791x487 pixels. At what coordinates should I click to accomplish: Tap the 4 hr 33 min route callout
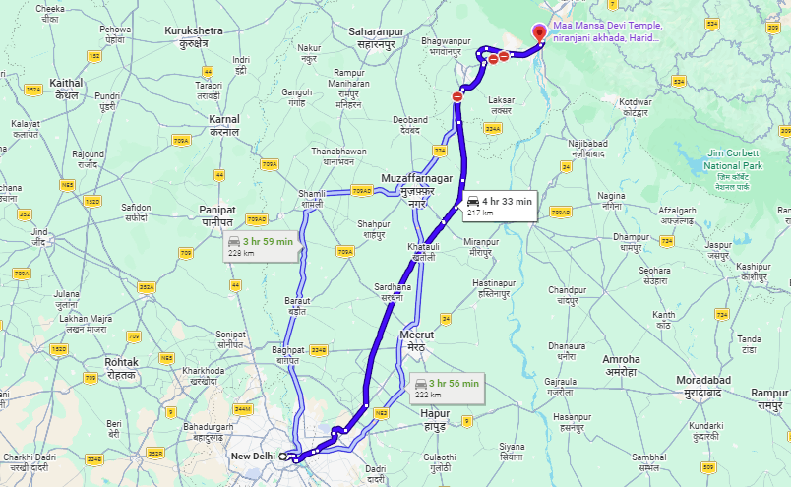[499, 206]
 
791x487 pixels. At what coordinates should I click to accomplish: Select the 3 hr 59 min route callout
[261, 246]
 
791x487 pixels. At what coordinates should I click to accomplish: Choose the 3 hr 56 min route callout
[447, 388]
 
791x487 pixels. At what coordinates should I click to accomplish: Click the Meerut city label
[416, 341]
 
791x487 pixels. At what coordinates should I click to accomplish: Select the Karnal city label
[224, 125]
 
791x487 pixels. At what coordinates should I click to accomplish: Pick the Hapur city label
[432, 419]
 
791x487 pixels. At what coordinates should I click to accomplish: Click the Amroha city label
[621, 365]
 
